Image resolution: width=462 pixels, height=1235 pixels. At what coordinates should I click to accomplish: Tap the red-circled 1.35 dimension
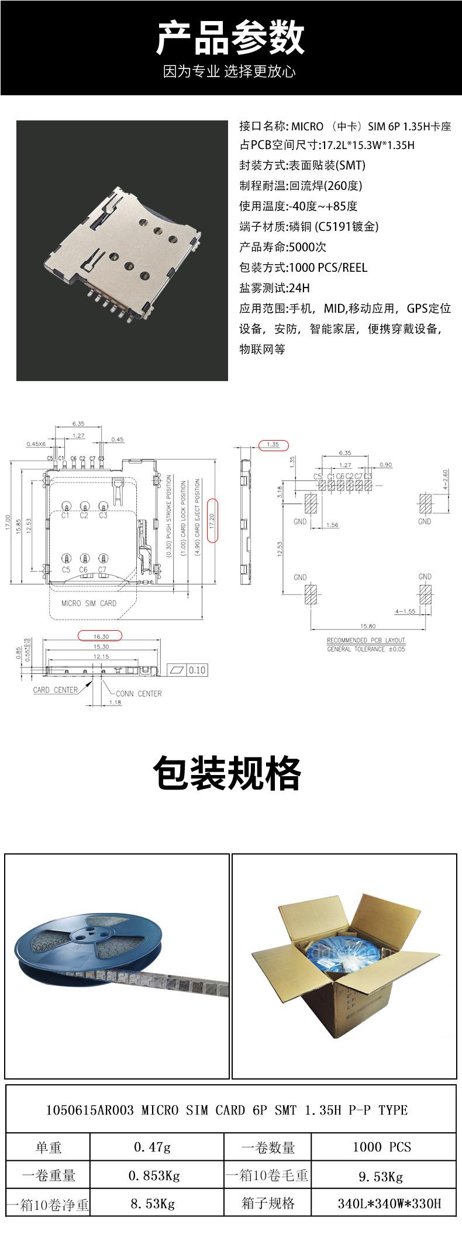pos(273,444)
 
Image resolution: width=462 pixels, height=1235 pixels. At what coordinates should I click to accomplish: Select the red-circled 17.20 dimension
pos(212,520)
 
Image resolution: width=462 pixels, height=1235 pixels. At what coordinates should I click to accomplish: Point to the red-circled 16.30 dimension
pos(101,636)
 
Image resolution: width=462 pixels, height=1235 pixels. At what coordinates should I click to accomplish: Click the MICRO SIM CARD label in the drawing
pos(89,603)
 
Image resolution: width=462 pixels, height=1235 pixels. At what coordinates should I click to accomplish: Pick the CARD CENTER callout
pos(56,690)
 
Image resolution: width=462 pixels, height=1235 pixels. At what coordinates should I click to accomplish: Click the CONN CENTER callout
pos(139,693)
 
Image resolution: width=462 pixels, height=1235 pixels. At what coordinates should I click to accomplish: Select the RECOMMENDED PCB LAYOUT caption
pos(366,641)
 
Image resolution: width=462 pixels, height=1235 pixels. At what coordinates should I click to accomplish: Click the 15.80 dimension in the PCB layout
pos(368,626)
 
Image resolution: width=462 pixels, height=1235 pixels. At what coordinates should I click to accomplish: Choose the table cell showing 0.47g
pos(153,1147)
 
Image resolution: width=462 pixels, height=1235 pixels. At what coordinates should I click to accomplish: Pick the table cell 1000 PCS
pos(381,1147)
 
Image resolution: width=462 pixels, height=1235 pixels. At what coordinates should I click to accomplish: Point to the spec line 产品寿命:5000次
pos(282,247)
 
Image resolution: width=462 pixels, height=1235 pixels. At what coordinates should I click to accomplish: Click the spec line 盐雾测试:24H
pos(274,288)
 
